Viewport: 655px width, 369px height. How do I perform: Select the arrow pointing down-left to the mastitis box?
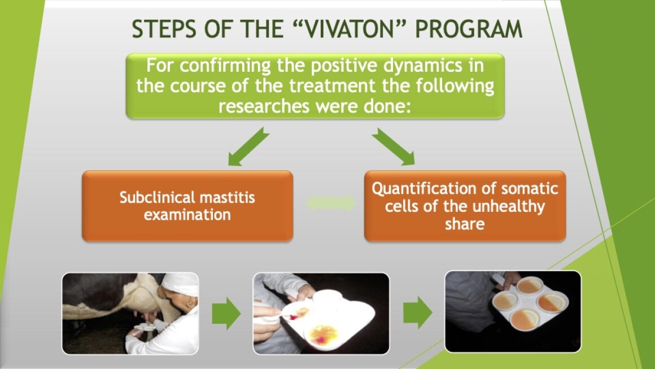pyautogui.click(x=248, y=147)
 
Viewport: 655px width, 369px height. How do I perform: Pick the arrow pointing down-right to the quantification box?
pyautogui.click(x=394, y=147)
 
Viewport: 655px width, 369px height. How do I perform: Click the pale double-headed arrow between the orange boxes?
pyautogui.click(x=331, y=203)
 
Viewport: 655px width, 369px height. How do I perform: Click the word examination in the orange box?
pyautogui.click(x=187, y=215)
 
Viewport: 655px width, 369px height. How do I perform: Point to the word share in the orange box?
pyautogui.click(x=465, y=224)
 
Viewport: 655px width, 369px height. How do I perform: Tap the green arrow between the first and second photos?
pyautogui.click(x=226, y=314)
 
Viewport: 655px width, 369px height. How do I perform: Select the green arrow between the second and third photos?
pyautogui.click(x=417, y=312)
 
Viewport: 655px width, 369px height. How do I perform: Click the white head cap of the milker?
pyautogui.click(x=180, y=283)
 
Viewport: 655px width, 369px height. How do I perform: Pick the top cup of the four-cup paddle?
pyautogui.click(x=530, y=285)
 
